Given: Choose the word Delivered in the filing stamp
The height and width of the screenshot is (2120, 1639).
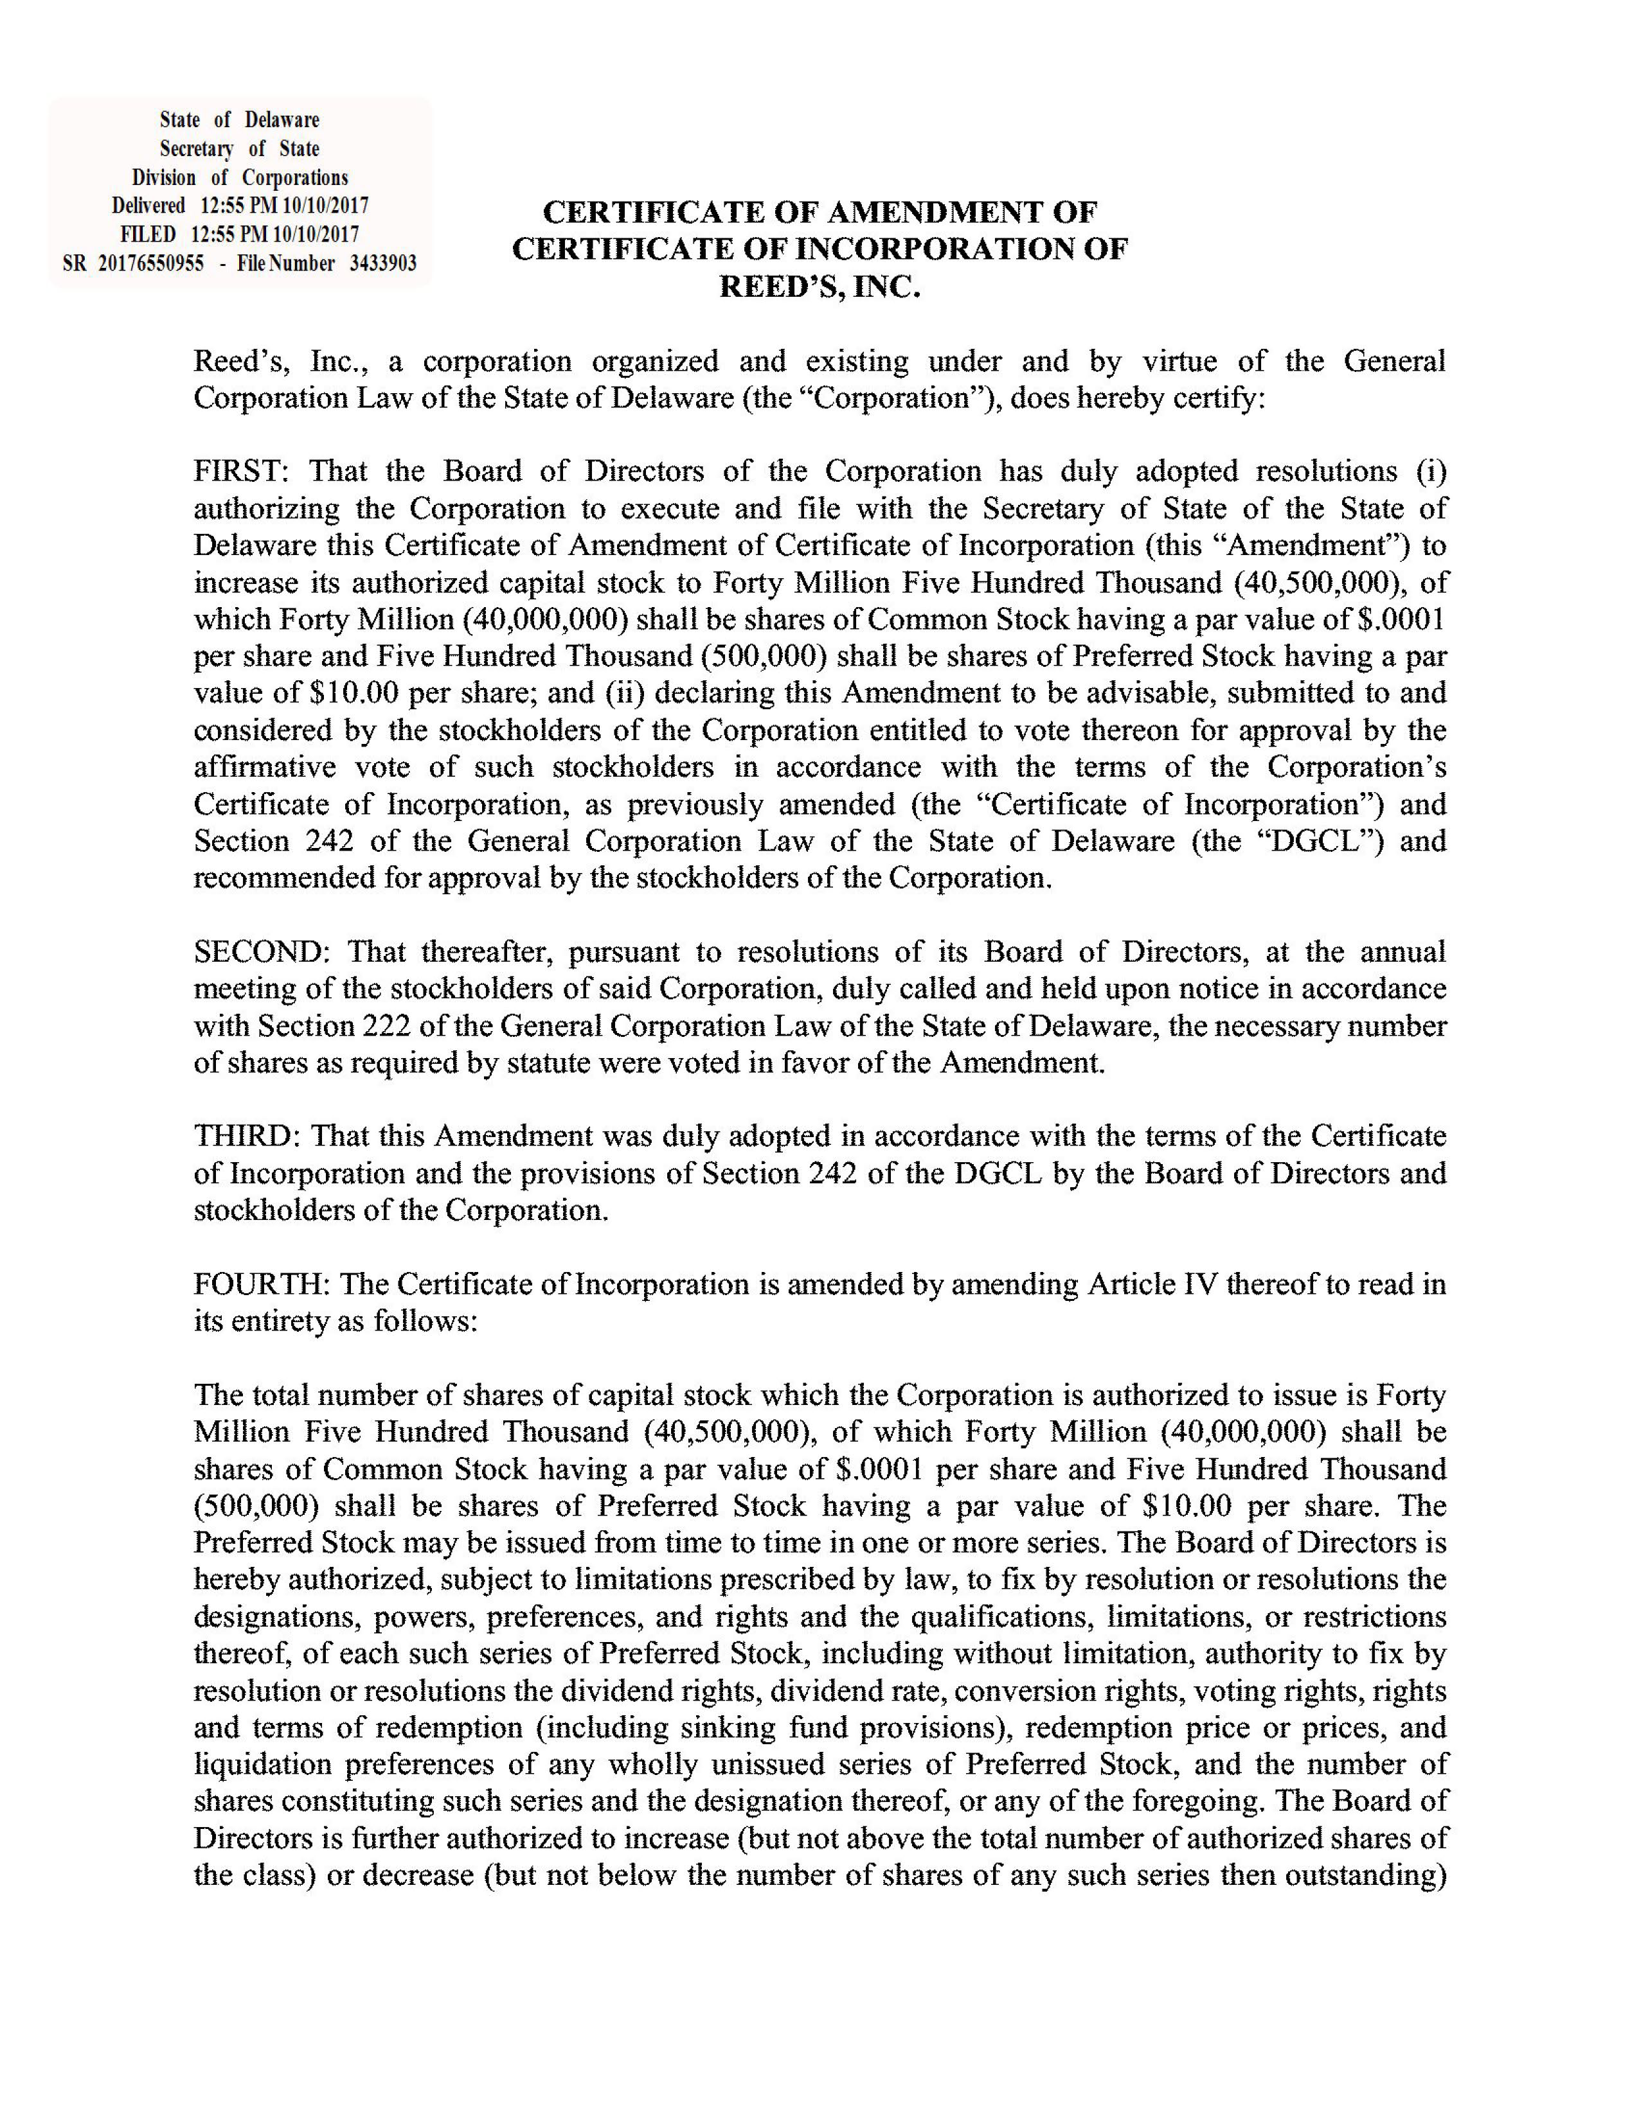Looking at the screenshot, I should pyautogui.click(x=148, y=206).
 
